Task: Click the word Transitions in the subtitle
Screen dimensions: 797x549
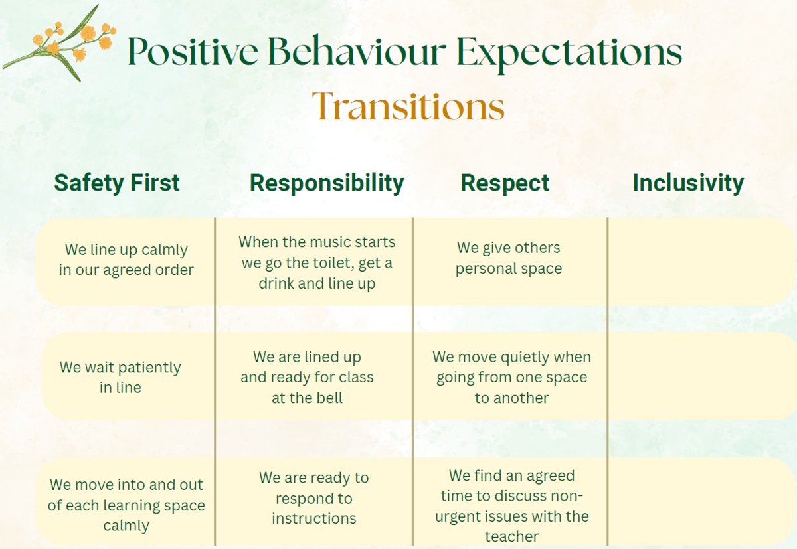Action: (x=408, y=106)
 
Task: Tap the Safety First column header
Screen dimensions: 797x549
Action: (x=117, y=183)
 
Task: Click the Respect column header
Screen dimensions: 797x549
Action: (x=505, y=183)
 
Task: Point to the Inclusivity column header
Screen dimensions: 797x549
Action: (x=688, y=183)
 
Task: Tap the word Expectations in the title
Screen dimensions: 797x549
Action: (x=569, y=53)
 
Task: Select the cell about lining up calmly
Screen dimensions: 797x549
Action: (x=126, y=260)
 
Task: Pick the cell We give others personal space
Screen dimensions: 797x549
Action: (x=509, y=258)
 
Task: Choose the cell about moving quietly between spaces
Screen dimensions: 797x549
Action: (x=511, y=377)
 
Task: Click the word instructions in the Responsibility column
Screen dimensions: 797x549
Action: (x=313, y=518)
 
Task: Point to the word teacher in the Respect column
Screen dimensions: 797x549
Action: (x=511, y=536)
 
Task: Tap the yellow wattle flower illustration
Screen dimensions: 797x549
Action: (x=59, y=42)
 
